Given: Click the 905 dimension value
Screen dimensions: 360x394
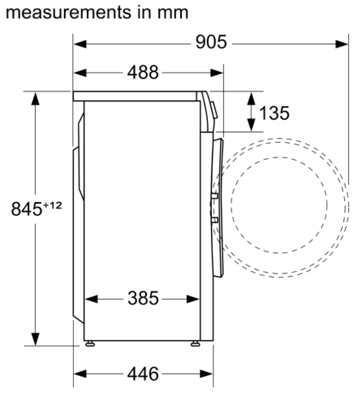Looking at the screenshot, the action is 211,42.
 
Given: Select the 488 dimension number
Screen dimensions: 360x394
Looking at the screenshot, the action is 143,73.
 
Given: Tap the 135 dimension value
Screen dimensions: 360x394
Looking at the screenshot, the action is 274,113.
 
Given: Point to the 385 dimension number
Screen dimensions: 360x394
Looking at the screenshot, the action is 143,298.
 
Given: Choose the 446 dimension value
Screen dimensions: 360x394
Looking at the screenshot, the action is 143,374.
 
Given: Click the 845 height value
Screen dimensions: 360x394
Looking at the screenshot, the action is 27,209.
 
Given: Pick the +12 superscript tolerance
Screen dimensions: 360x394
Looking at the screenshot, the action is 52,205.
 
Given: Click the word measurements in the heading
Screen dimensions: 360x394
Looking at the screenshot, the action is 68,12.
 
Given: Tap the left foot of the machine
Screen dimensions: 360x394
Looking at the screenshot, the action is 90,343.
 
